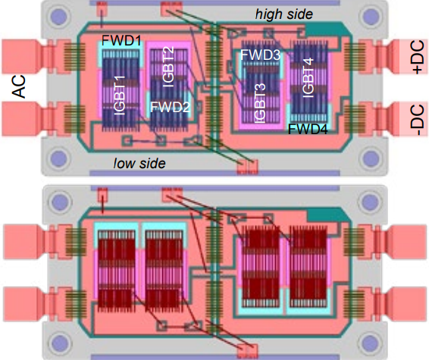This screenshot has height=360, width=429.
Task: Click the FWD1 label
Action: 121,41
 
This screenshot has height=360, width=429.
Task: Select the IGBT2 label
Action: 168,67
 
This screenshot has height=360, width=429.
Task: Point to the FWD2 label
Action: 170,107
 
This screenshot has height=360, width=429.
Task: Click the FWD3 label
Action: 260,55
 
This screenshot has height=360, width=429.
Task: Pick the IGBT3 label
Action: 260,103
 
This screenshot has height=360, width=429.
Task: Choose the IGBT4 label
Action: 308,77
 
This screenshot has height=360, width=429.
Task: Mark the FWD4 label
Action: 308,129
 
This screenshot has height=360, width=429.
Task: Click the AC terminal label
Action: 20,86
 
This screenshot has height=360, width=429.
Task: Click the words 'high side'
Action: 283,14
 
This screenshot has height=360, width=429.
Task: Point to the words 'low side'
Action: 139,163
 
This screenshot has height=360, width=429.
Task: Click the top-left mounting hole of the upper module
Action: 58,15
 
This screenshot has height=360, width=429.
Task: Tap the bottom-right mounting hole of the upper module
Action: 370,158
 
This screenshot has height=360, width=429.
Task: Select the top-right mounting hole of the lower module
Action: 370,201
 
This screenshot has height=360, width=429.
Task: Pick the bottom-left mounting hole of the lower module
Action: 59,343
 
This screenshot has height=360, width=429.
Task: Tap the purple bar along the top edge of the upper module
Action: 214,3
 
